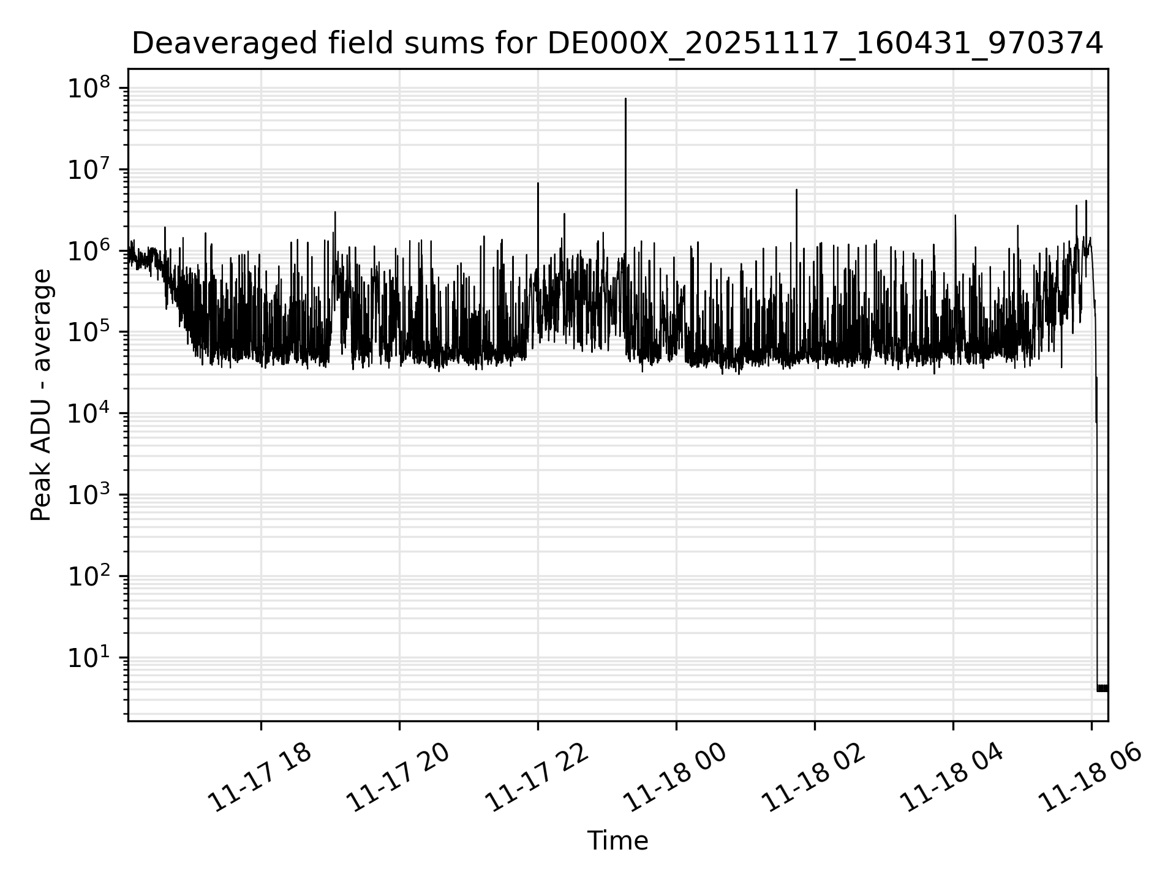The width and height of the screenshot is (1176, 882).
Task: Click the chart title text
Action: coord(617,43)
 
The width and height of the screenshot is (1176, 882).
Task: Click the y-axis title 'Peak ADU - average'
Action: coord(41,395)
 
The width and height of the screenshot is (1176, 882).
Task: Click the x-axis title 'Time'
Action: coord(617,841)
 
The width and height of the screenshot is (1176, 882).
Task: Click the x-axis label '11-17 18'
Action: coord(260,778)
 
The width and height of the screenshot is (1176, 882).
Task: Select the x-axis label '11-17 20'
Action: coord(398,778)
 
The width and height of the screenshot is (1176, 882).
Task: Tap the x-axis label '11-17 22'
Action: coord(537,778)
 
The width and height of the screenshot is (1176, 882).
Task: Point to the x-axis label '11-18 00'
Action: coord(675,778)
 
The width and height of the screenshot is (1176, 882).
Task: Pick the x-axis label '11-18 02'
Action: coord(813,778)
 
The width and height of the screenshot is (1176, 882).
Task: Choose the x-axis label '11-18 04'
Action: coord(952,778)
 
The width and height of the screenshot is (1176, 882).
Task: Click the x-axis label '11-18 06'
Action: coord(1090,778)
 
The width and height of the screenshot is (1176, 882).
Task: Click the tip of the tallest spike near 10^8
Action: coord(625,99)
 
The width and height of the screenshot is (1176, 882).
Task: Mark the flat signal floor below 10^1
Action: coord(1102,688)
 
